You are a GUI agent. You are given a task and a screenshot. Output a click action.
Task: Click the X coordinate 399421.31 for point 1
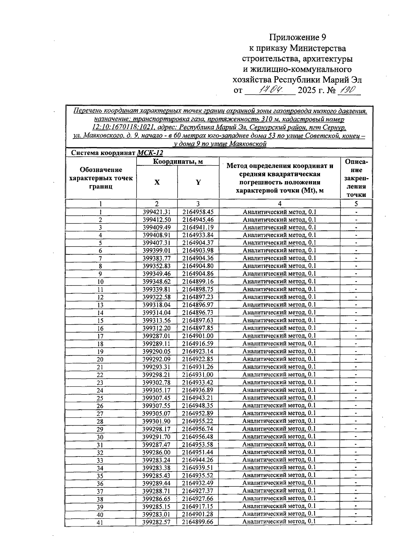(x=157, y=212)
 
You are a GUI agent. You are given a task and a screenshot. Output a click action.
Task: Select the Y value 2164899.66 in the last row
(x=198, y=522)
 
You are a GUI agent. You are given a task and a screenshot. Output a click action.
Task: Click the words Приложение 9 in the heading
(x=298, y=37)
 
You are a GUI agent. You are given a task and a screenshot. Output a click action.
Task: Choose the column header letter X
(x=157, y=182)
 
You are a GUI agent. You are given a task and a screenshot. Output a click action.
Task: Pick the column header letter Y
(x=198, y=182)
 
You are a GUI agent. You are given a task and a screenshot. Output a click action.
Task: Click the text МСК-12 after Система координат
(x=150, y=153)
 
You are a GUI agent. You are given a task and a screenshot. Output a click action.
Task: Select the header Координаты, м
(x=178, y=161)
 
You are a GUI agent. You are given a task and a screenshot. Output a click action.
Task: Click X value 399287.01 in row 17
(x=157, y=336)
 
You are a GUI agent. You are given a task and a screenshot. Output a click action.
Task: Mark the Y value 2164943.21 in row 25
(x=198, y=398)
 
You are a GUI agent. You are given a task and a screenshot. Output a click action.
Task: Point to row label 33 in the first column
(x=100, y=460)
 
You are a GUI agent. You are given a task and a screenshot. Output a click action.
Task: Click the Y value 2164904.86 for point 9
(x=198, y=274)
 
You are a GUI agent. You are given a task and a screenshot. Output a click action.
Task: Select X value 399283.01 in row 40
(x=157, y=514)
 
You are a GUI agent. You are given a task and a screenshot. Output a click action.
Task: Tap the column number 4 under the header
(x=279, y=204)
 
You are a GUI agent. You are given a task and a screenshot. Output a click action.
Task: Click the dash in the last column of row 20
(x=356, y=359)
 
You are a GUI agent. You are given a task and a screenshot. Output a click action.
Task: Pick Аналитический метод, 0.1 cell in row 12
(x=279, y=297)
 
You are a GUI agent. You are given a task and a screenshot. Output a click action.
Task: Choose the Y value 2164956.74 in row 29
(x=198, y=429)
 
